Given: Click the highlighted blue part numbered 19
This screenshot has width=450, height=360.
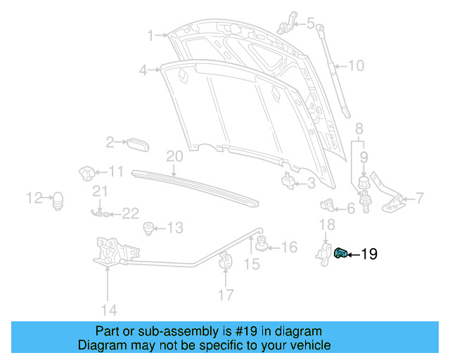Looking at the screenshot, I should tap(342, 253).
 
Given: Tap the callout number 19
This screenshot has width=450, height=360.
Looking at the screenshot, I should tap(369, 254).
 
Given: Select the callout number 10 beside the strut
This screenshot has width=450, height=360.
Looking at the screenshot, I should tap(356, 66).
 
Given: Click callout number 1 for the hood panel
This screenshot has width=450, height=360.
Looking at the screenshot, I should tap(150, 34).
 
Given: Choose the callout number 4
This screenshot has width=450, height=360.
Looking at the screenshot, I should tap(143, 70).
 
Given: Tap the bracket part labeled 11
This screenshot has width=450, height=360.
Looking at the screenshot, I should tap(86, 172).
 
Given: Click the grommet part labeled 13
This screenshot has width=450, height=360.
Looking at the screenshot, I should tap(148, 227).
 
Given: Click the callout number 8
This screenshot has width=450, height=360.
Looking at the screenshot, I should tap(359, 129).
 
